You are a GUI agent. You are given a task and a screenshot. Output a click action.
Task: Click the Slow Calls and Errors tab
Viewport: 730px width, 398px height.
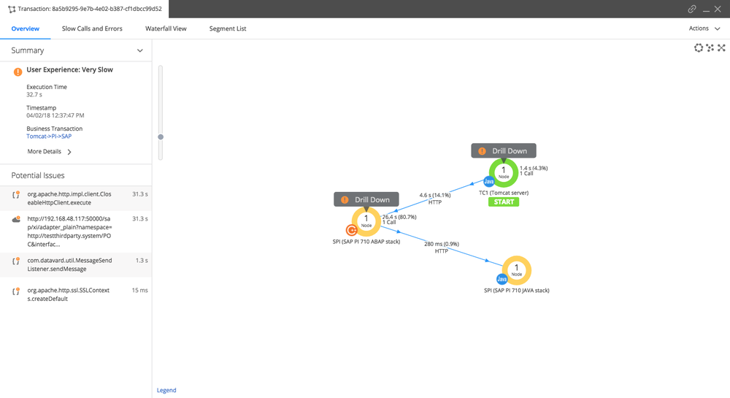(92, 28)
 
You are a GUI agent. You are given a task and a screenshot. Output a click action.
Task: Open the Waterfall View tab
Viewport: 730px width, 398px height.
(166, 28)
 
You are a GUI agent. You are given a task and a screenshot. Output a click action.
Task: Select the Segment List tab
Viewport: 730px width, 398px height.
(228, 28)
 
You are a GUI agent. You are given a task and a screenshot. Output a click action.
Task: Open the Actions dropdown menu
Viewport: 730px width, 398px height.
(704, 28)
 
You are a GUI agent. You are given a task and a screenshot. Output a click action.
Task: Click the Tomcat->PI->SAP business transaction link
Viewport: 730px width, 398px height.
(49, 137)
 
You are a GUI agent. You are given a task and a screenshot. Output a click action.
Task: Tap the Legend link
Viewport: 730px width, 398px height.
(166, 390)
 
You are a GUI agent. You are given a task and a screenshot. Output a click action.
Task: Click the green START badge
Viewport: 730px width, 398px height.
(504, 202)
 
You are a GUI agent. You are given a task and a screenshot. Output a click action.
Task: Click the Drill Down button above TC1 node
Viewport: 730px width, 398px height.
(504, 151)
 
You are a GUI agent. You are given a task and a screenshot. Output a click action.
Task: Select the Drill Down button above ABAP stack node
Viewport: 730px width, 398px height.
(366, 199)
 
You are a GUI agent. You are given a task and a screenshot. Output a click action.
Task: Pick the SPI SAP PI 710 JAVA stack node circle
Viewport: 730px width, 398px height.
(517, 259)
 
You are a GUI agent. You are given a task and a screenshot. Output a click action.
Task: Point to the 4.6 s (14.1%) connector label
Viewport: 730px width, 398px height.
(435, 196)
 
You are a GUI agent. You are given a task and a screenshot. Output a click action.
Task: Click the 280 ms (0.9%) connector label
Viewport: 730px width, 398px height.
(442, 244)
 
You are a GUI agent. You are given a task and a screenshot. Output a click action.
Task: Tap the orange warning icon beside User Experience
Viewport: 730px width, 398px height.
(18, 72)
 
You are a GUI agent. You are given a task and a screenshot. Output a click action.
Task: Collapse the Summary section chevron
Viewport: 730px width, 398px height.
(139, 50)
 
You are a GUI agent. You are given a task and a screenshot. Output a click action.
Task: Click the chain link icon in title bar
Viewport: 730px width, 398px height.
(692, 9)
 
